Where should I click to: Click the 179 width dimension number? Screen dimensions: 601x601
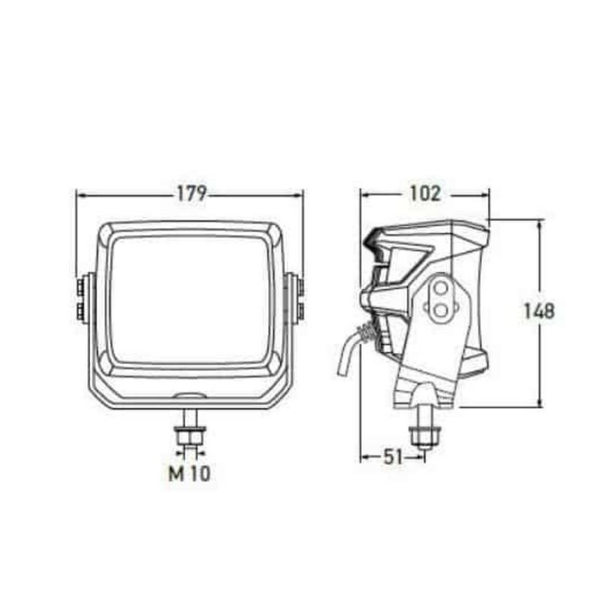[x=191, y=193]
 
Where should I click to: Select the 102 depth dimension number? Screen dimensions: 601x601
[x=424, y=193]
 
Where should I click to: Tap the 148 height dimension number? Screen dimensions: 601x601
[x=539, y=310]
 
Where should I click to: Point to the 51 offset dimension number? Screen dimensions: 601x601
[x=393, y=457]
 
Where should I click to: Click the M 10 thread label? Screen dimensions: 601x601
[x=189, y=474]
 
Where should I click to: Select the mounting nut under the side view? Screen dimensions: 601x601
[x=421, y=434]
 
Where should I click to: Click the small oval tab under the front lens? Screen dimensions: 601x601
[x=190, y=395]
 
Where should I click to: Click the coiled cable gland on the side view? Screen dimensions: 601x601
[x=367, y=333]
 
